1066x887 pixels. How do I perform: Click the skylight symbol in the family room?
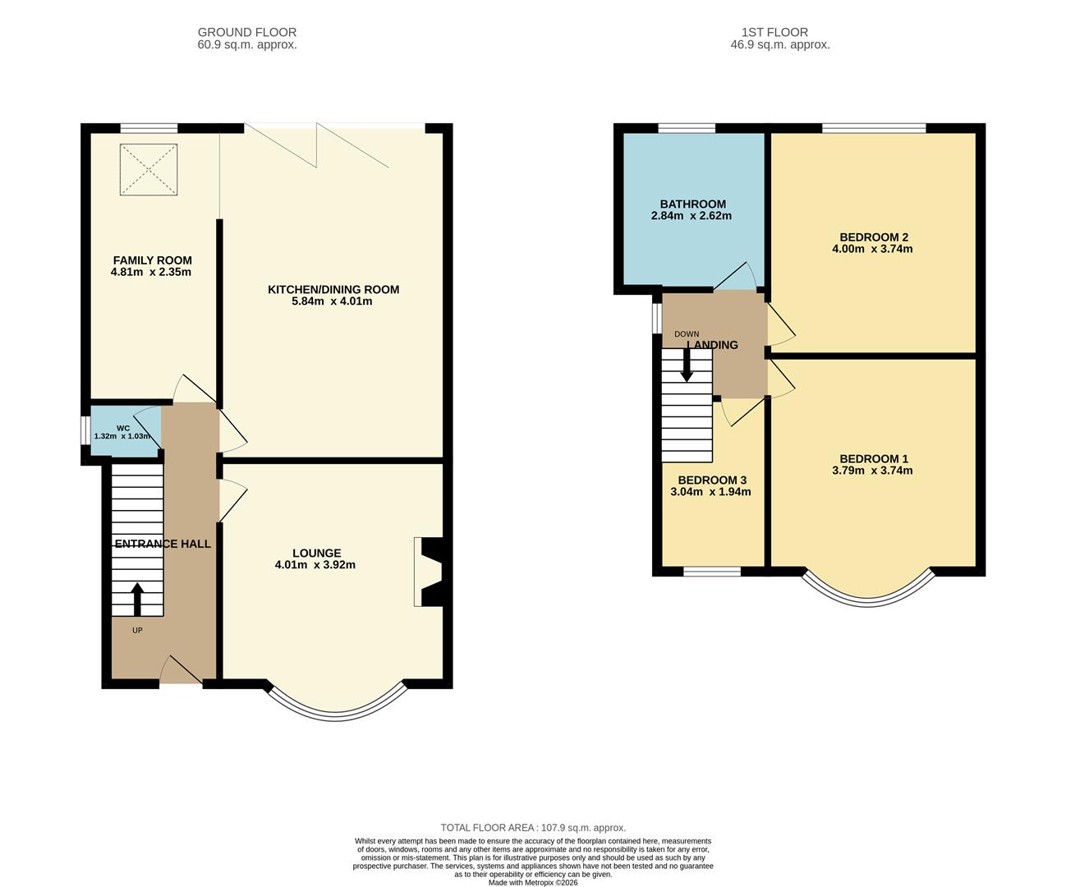(149, 169)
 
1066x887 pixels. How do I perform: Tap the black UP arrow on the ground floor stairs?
(137, 600)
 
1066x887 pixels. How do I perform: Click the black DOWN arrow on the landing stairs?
(687, 365)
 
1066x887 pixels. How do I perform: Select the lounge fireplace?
(428, 572)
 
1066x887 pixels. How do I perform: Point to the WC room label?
(123, 428)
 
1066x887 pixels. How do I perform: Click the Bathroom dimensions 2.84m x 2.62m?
(692, 215)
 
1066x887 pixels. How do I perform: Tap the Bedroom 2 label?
(874, 237)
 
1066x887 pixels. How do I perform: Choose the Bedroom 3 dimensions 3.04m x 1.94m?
(710, 492)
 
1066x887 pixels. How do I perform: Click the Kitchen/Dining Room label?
(333, 290)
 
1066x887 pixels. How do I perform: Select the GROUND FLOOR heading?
(247, 32)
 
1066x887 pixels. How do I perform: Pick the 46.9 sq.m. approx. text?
(780, 44)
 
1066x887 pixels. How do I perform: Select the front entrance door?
(181, 669)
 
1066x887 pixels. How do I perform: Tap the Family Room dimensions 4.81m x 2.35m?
(151, 272)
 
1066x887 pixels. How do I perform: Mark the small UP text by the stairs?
(137, 630)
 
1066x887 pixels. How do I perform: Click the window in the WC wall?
(85, 431)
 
